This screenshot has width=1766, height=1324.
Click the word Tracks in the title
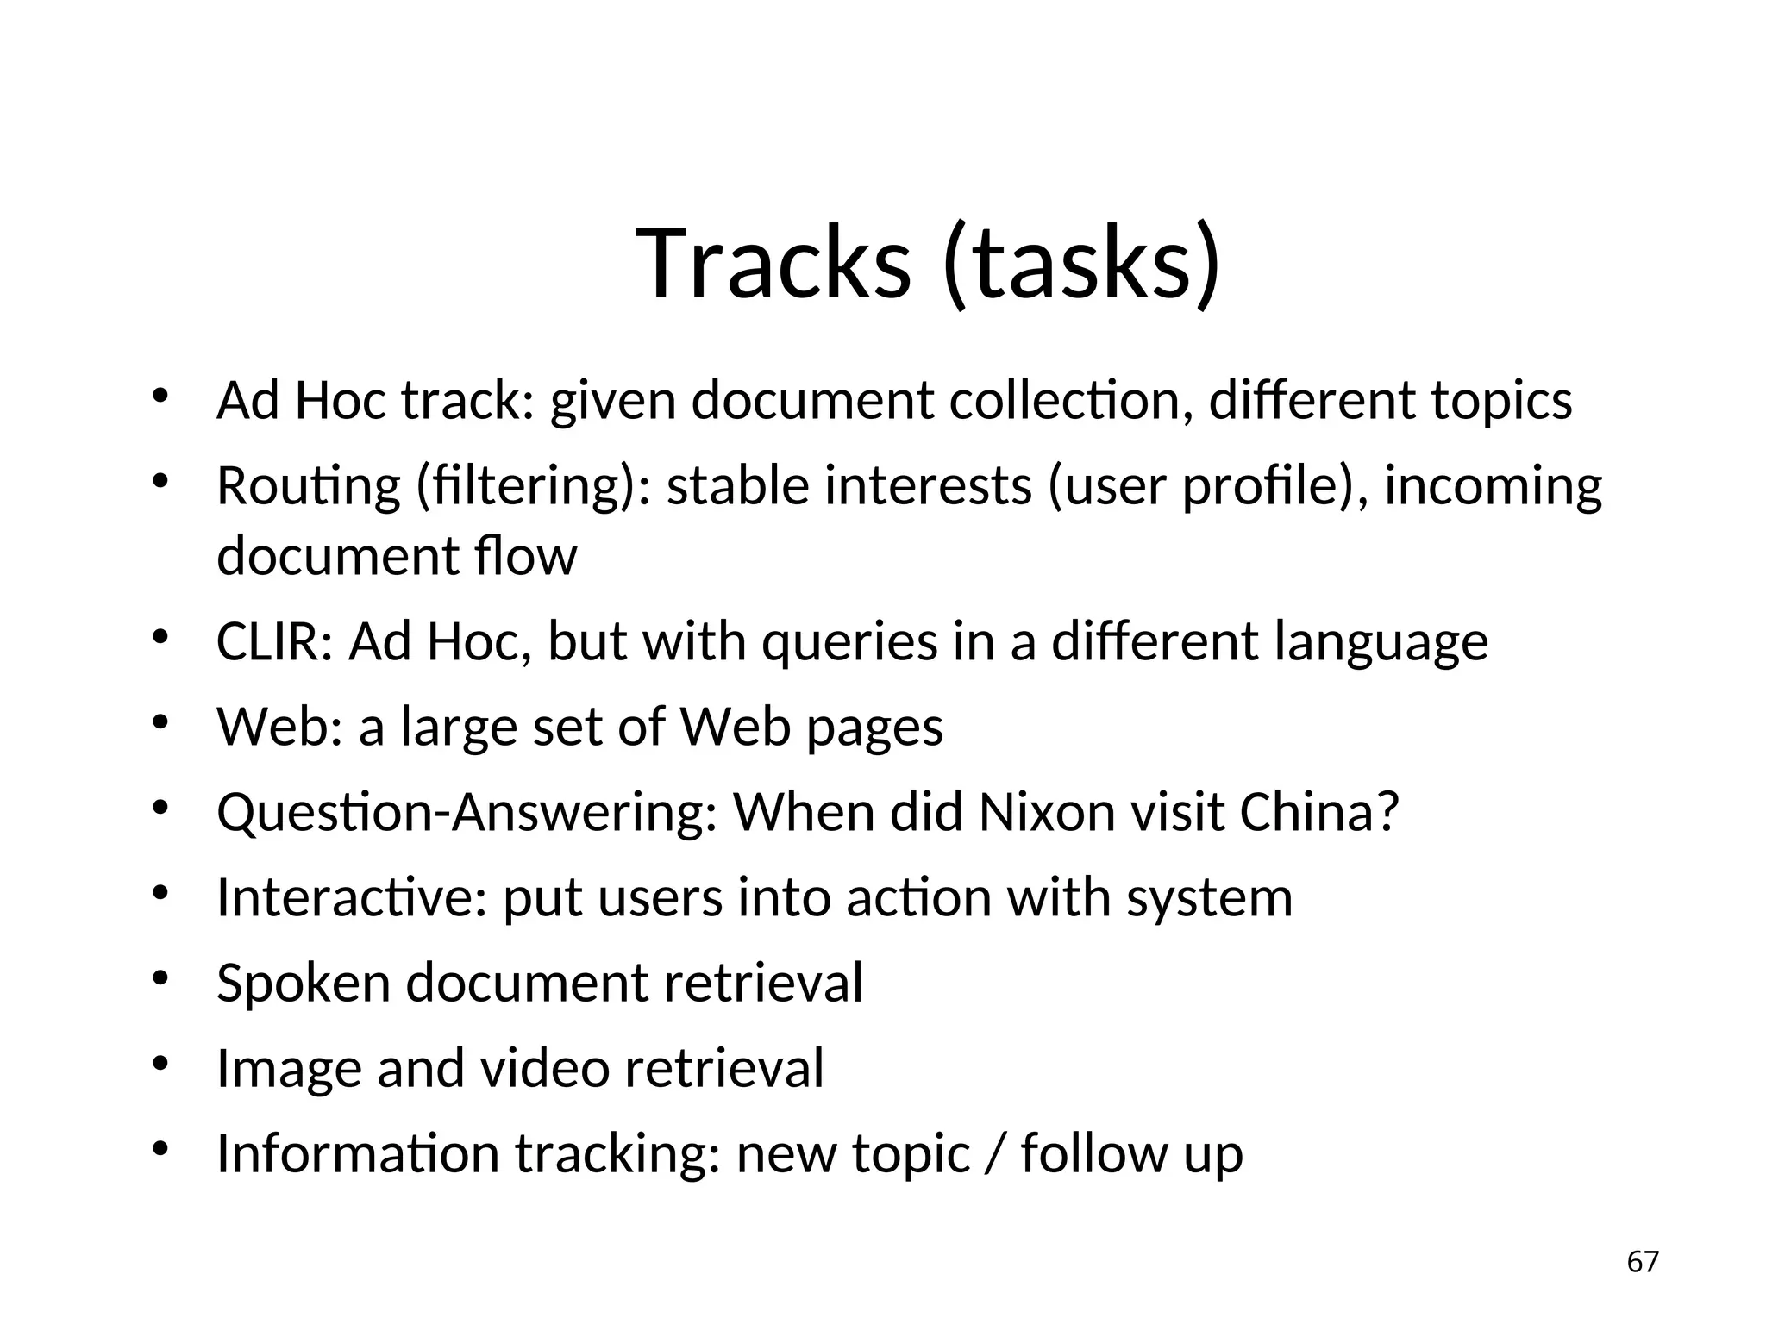pyautogui.click(x=773, y=263)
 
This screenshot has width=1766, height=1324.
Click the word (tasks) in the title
pyautogui.click(x=1082, y=263)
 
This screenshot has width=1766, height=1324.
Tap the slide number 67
pyautogui.click(x=1642, y=1262)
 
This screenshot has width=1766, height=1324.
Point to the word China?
pyautogui.click(x=1318, y=812)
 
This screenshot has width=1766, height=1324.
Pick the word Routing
pyautogui.click(x=308, y=486)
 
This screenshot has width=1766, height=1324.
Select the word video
pyautogui.click(x=544, y=1068)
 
